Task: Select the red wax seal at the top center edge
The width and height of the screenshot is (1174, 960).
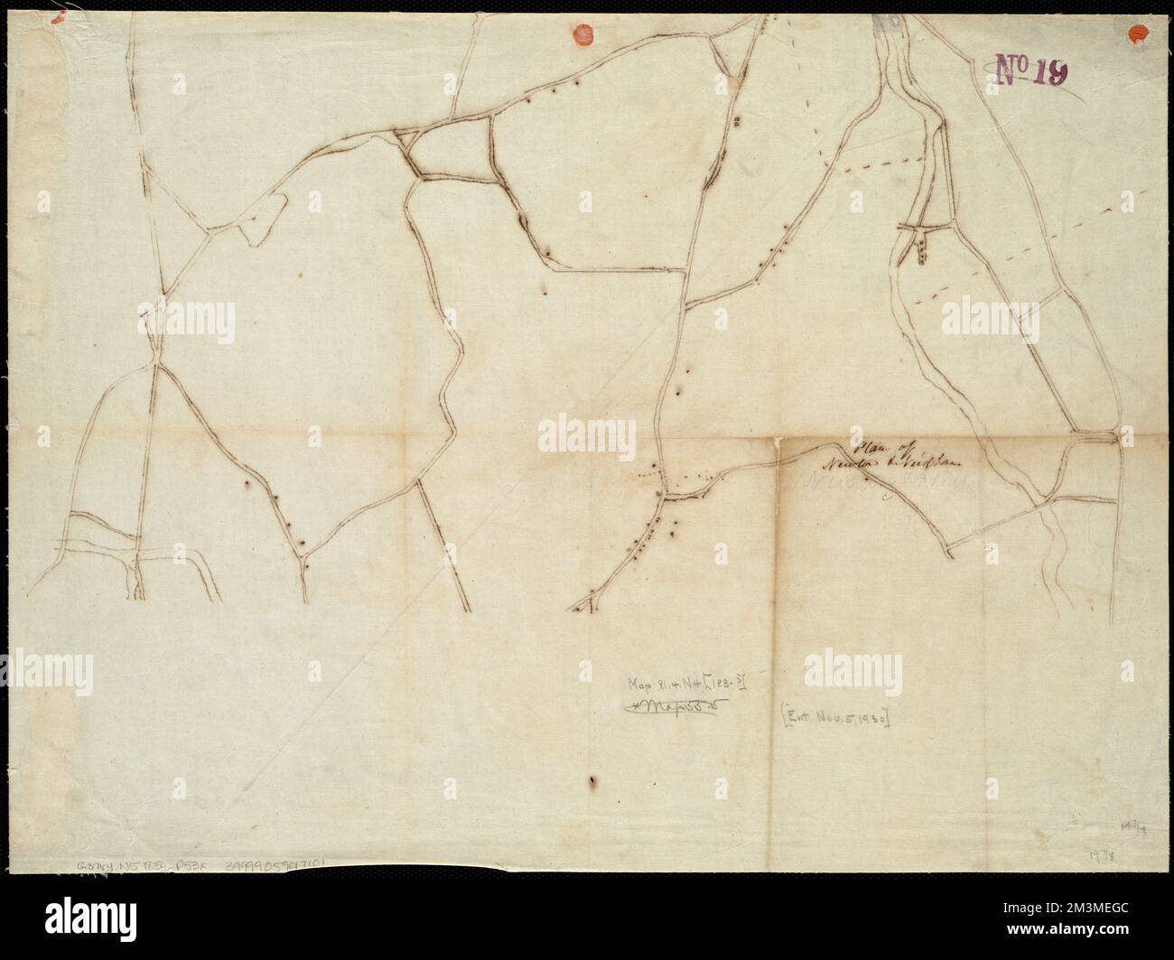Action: (584, 33)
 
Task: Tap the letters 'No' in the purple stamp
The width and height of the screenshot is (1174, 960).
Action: (1010, 69)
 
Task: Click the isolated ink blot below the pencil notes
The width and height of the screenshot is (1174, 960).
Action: (592, 781)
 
